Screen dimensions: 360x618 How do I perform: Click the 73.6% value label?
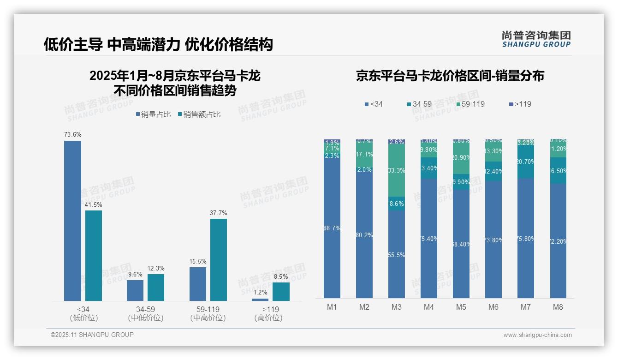[73, 135]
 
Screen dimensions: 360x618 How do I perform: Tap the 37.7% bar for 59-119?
[219, 259]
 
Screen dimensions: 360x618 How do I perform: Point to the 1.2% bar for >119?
[260, 300]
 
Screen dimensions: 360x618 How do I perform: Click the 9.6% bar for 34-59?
[135, 290]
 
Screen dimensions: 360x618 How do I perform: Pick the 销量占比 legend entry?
[153, 114]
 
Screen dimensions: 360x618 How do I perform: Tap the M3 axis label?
[397, 307]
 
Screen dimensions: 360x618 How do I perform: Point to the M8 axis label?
[558, 307]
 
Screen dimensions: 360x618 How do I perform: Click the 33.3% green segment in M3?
[397, 170]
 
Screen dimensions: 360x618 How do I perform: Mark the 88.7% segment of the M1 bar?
[332, 228]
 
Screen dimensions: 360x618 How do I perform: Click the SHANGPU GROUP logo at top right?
[536, 39]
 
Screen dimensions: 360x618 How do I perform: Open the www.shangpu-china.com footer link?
[537, 335]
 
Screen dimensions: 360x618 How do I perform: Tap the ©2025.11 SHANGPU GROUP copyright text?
[92, 335]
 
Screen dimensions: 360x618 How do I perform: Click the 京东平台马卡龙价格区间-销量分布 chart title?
[450, 76]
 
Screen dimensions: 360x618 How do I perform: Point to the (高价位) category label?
[268, 318]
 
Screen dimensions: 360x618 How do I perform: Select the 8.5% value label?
[280, 277]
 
